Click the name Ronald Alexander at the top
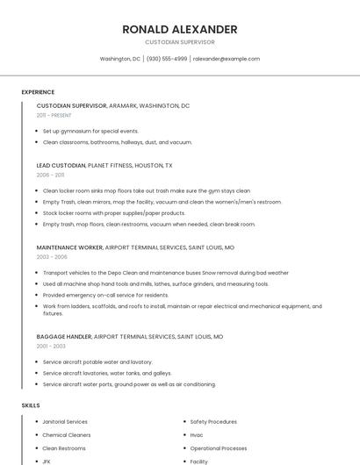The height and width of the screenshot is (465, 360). pos(180,29)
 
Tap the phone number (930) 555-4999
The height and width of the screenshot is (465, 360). pos(167,59)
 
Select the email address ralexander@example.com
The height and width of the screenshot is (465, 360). pos(227,59)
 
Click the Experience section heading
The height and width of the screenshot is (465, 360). pos(38,92)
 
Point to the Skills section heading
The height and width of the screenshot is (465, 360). pos(31,405)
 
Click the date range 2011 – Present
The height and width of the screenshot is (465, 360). pos(54,115)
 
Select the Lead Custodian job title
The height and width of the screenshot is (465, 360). pos(61,165)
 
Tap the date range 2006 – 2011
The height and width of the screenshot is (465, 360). pos(50,175)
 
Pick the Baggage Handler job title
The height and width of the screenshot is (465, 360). pos(64,336)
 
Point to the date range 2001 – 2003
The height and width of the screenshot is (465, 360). pos(51,346)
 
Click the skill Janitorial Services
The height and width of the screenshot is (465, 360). pos(65,422)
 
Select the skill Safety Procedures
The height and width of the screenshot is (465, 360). pos(213,422)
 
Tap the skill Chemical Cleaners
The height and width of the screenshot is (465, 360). pos(66,435)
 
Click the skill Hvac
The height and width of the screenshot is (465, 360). pos(197,435)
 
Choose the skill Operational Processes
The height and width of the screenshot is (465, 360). pos(219,448)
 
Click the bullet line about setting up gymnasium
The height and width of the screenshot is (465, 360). pos(90,131)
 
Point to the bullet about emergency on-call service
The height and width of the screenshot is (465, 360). pos(105,295)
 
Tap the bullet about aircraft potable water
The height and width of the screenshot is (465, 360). pos(97,361)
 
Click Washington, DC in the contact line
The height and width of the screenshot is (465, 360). pos(120,59)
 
